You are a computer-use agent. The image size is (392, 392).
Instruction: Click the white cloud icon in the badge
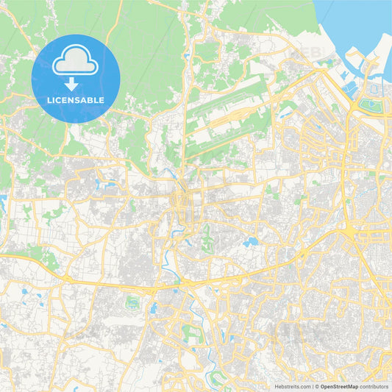76,62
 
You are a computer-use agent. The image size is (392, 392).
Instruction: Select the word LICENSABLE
76,100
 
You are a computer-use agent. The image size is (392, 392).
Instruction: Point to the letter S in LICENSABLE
79,100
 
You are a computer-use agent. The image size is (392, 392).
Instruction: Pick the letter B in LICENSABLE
92,100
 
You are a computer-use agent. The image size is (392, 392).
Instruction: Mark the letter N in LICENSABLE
72,100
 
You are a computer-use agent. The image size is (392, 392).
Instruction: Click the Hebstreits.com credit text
293,386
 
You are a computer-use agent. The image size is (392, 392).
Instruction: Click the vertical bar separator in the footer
313,386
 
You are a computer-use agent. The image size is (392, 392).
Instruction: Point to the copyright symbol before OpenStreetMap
318,386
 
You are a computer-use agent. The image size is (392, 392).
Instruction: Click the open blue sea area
353,22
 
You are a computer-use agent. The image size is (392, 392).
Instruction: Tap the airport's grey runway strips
228,118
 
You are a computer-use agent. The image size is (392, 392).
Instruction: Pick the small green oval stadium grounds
133,302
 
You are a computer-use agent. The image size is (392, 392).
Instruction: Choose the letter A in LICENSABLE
85,100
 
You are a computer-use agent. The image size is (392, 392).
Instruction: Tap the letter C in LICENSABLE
58,100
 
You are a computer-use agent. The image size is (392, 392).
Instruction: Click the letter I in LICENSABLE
54,100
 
